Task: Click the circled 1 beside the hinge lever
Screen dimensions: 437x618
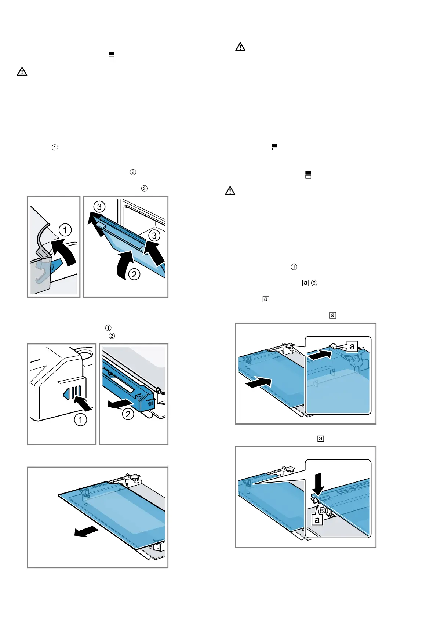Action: click(x=65, y=230)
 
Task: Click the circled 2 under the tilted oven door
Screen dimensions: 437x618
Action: click(x=134, y=274)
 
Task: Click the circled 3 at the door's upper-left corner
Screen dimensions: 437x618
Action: click(x=99, y=207)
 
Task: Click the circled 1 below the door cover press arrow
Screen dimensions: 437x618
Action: click(x=81, y=419)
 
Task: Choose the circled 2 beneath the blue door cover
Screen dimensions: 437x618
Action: click(x=128, y=414)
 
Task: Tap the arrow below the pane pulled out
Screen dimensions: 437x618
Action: click(x=86, y=532)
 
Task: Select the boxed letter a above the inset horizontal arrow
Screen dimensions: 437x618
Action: click(x=352, y=346)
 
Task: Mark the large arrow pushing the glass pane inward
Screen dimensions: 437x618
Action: click(x=258, y=382)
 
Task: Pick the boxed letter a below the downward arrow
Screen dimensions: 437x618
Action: click(x=317, y=520)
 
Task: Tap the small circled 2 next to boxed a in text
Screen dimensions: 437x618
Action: click(x=314, y=283)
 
